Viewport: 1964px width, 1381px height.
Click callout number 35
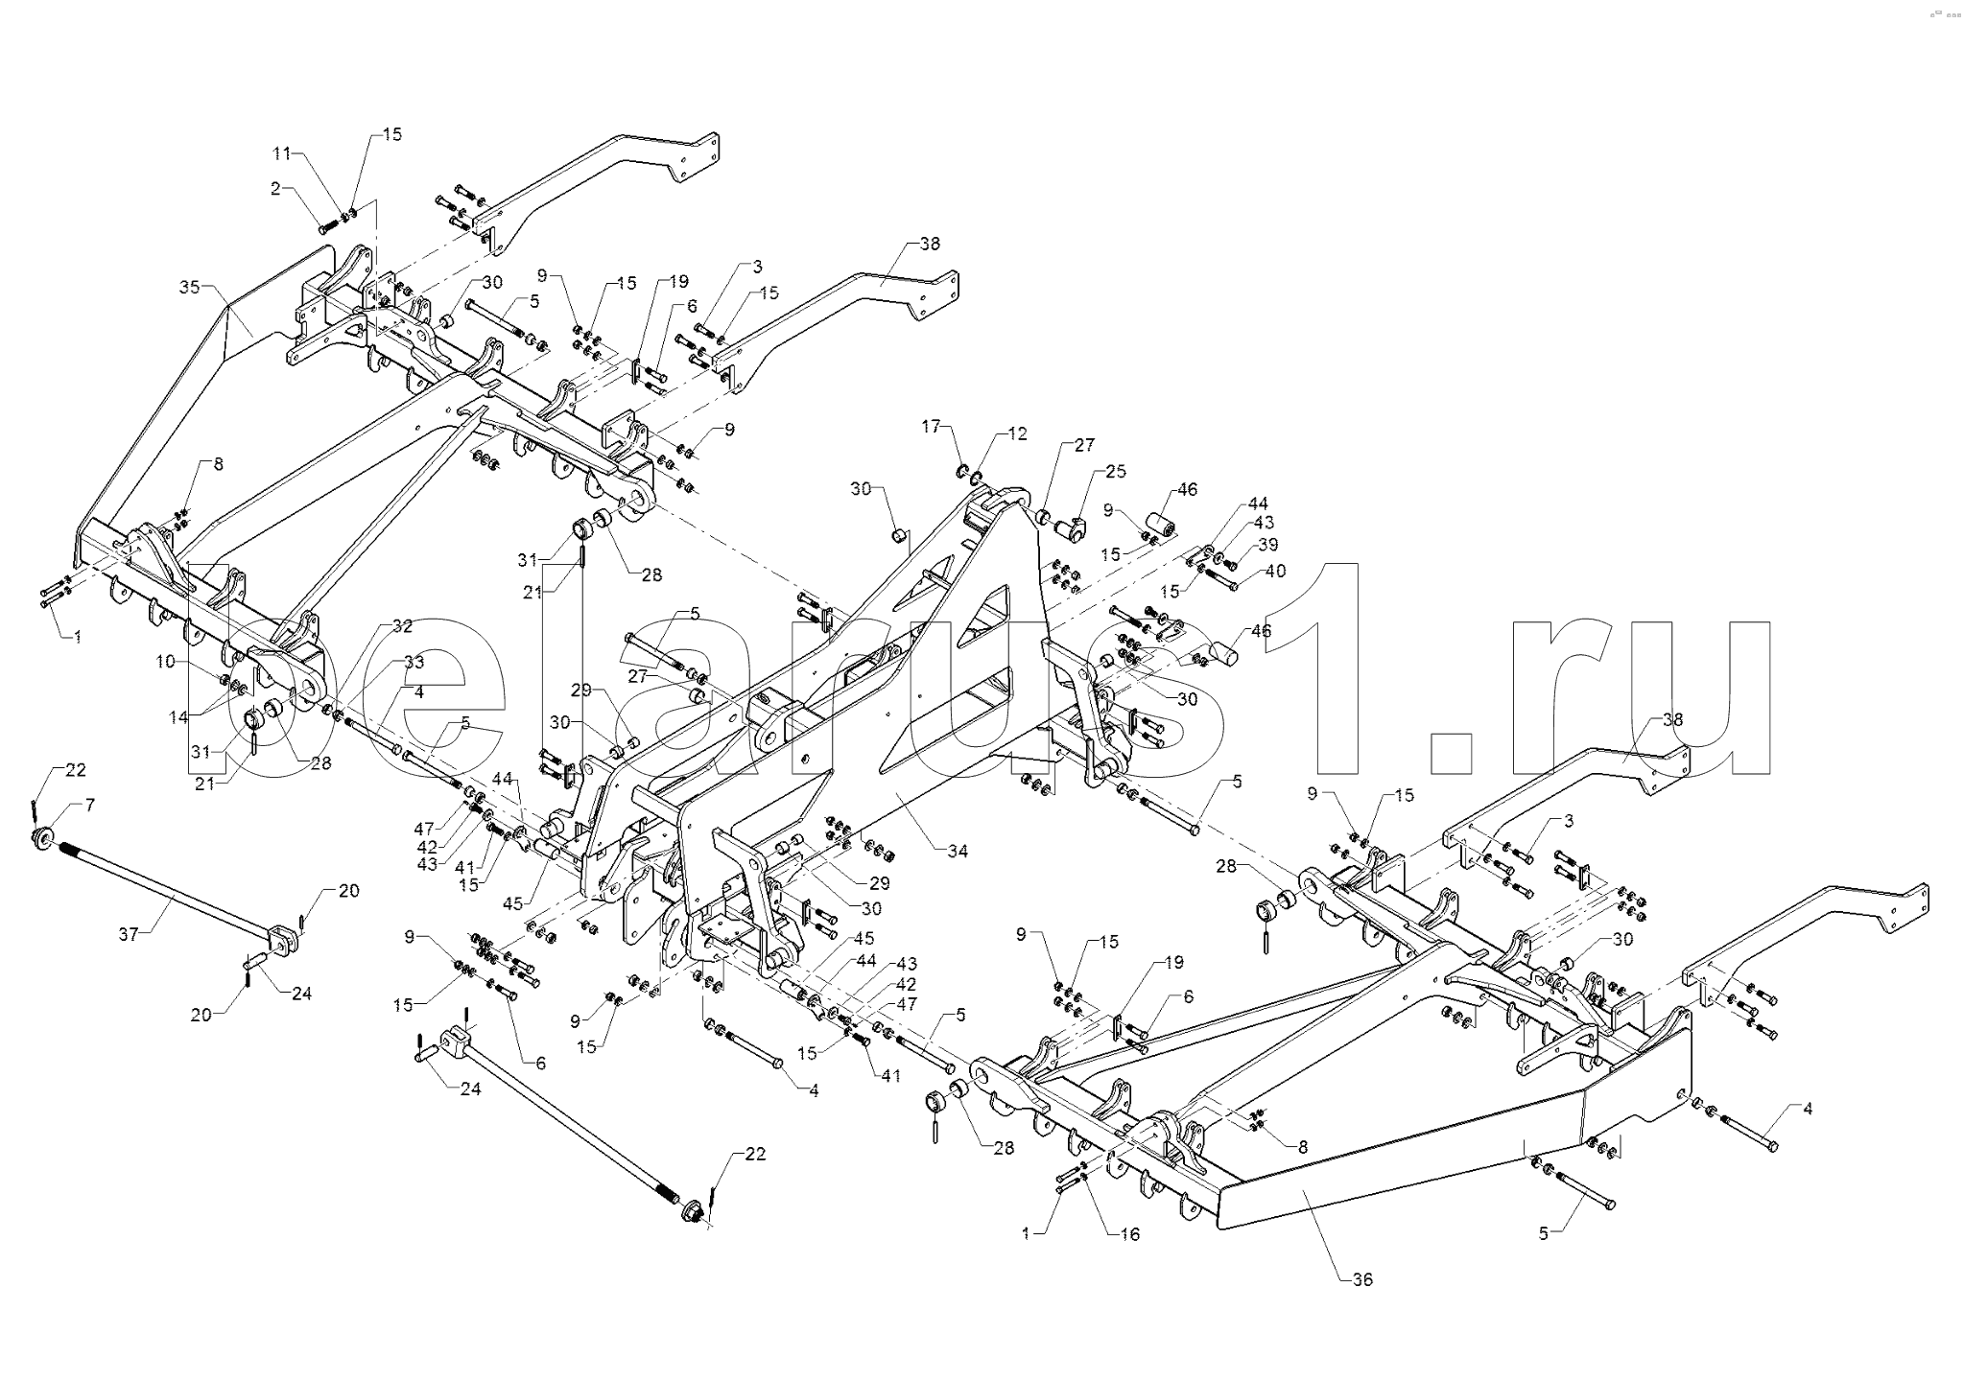(x=188, y=287)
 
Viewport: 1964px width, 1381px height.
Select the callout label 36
(x=1362, y=1279)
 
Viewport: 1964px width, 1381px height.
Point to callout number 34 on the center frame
(x=958, y=851)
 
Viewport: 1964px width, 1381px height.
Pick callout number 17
(x=932, y=426)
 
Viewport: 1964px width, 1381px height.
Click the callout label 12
(x=1017, y=434)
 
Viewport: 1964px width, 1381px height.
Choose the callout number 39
(x=1268, y=545)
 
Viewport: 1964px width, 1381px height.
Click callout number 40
(x=1275, y=571)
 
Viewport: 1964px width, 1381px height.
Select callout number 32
(x=165, y=662)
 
